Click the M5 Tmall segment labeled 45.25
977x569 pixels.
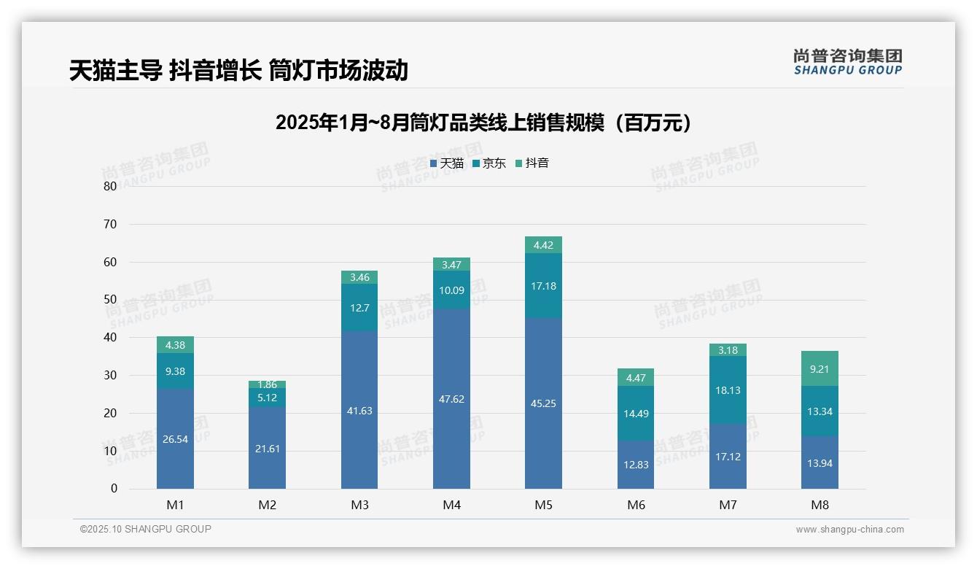[x=543, y=403]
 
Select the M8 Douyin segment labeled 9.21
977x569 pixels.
[x=820, y=369]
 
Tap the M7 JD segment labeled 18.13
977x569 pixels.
[x=728, y=390]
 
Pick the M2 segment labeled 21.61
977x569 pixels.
[x=267, y=448]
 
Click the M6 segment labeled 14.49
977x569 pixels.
[x=635, y=414]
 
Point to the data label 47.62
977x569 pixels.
[x=451, y=399]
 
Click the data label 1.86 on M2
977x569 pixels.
[x=267, y=384]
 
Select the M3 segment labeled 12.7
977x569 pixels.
[x=359, y=308]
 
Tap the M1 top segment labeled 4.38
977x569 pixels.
[x=175, y=345]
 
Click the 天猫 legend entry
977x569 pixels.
[x=447, y=163]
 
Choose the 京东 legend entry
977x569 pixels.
[x=489, y=163]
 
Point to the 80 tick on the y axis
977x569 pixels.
[x=110, y=186]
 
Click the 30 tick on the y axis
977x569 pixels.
[x=110, y=375]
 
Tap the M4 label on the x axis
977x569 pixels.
[x=451, y=505]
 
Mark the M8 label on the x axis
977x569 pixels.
[x=820, y=505]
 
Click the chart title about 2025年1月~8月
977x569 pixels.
[x=483, y=123]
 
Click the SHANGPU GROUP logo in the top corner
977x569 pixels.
[x=847, y=62]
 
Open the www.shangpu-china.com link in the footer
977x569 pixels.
[x=849, y=530]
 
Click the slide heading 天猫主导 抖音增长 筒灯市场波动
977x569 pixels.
[x=238, y=71]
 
